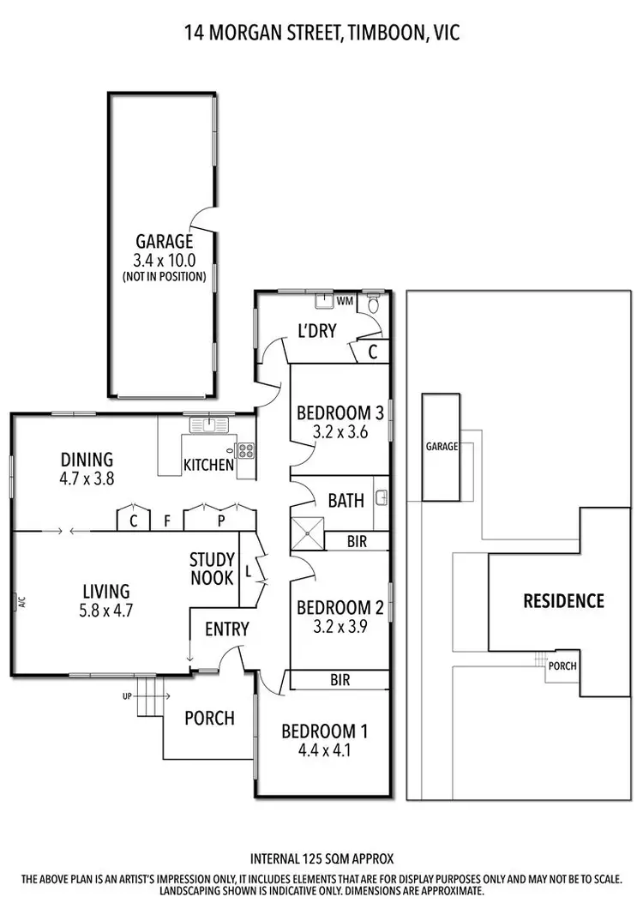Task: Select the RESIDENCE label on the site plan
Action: click(564, 600)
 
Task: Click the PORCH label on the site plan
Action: click(562, 665)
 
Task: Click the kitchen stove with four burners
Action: click(245, 448)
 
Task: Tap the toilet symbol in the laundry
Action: click(373, 304)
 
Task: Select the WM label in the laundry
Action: click(345, 301)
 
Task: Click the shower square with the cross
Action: click(309, 533)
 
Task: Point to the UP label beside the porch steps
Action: click(127, 695)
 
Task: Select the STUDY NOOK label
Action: click(212, 569)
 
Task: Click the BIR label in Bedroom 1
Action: click(340, 680)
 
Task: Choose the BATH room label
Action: click(346, 500)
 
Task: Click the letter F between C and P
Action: click(168, 520)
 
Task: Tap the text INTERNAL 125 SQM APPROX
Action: click(321, 858)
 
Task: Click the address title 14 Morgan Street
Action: click(321, 33)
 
